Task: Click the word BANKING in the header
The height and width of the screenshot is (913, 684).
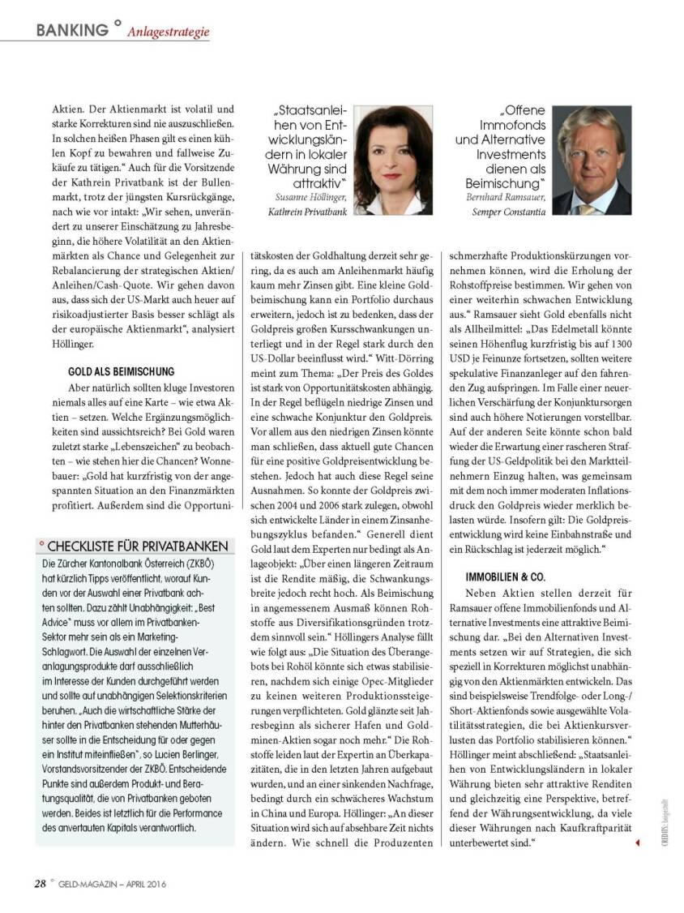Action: tap(72, 30)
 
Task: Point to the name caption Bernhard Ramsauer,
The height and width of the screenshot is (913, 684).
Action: tap(507, 196)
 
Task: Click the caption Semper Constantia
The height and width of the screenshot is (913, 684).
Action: tap(509, 212)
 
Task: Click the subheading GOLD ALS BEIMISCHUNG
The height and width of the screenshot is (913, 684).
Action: tap(122, 371)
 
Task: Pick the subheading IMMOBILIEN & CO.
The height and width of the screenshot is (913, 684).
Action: tap(507, 577)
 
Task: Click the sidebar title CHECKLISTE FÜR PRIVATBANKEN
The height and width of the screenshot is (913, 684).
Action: tap(138, 547)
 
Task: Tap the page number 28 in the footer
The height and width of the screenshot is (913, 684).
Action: tap(40, 884)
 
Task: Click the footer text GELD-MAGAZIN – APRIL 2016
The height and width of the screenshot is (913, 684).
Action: tap(113, 885)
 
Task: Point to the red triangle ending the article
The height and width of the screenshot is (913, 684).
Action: tap(637, 843)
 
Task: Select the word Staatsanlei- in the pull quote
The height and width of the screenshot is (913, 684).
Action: tap(311, 111)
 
